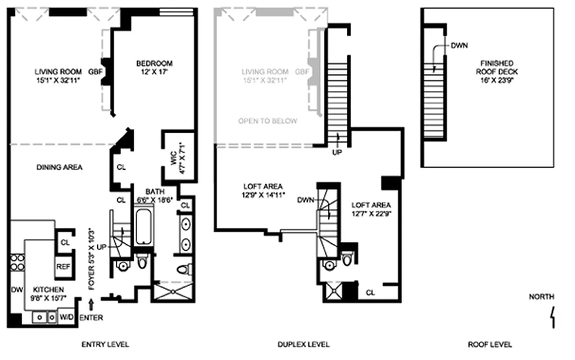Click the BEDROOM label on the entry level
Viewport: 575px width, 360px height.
click(155, 63)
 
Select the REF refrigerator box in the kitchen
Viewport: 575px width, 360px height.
click(63, 266)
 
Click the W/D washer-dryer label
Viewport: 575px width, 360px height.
click(67, 317)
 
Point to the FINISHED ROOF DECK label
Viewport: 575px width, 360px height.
click(499, 67)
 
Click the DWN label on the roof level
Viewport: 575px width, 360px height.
click(460, 45)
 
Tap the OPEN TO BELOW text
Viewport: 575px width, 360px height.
click(268, 121)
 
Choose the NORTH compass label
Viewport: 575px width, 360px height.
click(541, 297)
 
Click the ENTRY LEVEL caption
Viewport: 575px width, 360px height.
click(105, 345)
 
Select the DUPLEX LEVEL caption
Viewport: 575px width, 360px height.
click(303, 345)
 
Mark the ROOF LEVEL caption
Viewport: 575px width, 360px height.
click(490, 345)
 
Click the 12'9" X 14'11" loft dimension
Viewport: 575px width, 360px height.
click(263, 195)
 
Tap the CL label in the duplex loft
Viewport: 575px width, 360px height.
click(370, 292)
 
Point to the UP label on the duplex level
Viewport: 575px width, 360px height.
click(337, 152)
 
